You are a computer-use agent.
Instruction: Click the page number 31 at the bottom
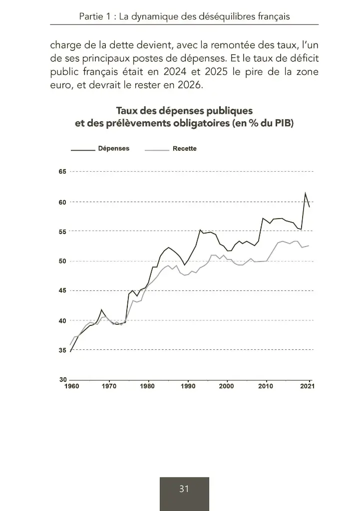click(x=184, y=489)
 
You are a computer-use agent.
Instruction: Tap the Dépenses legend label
click(x=114, y=149)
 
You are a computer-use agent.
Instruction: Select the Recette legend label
click(x=184, y=149)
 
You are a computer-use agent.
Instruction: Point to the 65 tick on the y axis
click(x=62, y=172)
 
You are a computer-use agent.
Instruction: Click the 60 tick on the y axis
click(x=62, y=202)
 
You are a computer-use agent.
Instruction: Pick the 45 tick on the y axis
click(x=62, y=291)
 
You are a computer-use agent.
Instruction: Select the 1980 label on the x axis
click(x=147, y=386)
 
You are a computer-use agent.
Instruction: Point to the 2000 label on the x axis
click(x=226, y=386)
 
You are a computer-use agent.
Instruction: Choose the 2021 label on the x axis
click(x=307, y=386)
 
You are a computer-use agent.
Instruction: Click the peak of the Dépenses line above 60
click(x=306, y=193)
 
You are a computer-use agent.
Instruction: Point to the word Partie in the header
click(x=91, y=16)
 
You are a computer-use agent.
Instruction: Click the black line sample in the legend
click(x=83, y=149)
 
